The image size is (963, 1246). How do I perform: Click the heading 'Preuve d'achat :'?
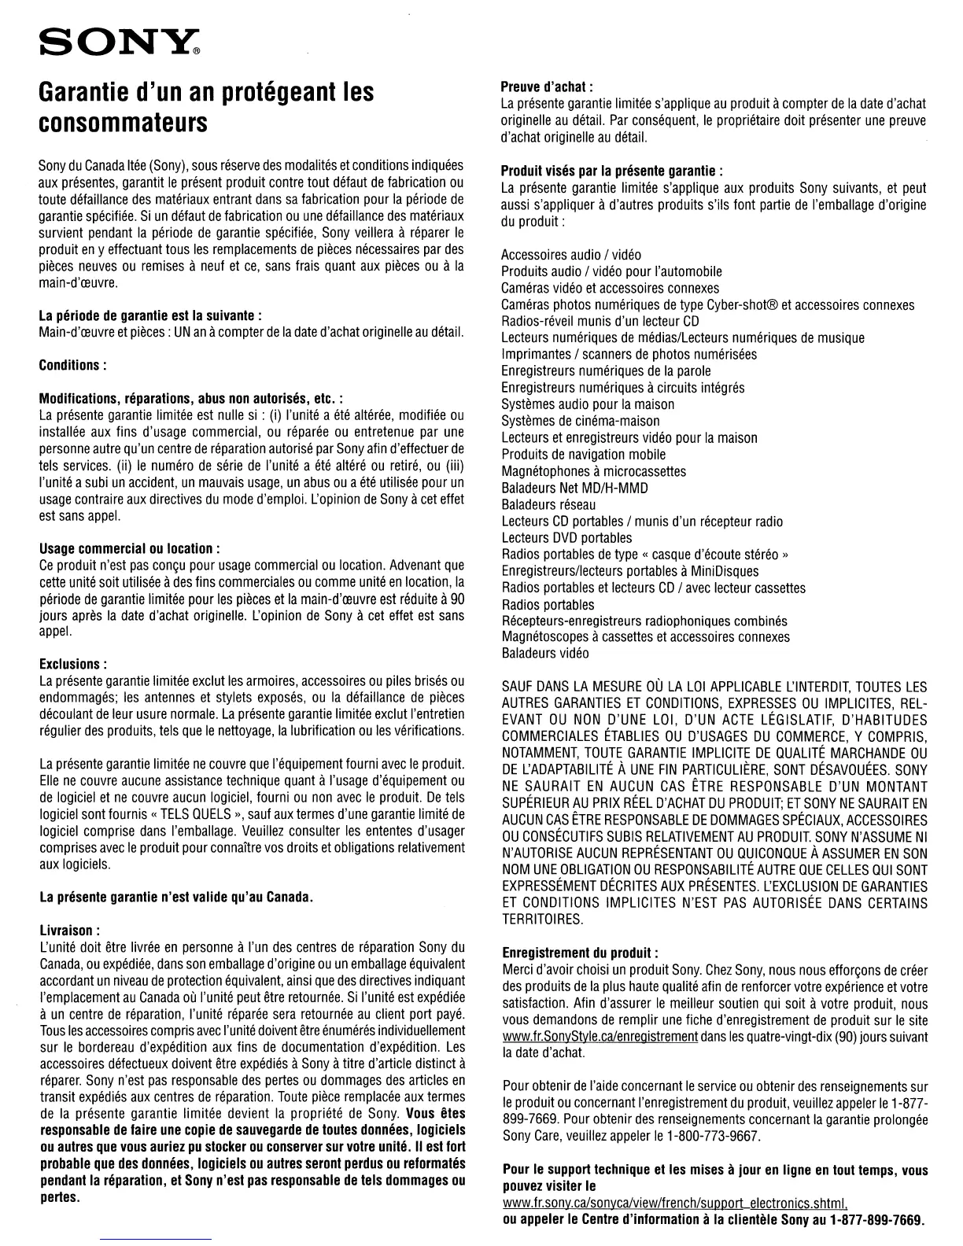[x=547, y=87]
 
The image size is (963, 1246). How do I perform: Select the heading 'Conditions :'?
[x=72, y=366]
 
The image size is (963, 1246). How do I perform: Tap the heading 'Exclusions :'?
[x=73, y=665]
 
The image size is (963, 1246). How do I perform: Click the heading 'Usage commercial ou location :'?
[x=129, y=548]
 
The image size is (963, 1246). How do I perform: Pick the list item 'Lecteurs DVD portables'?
[x=566, y=538]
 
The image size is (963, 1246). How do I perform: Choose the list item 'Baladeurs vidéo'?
[x=545, y=654]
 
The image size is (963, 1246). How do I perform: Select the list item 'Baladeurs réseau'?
[x=548, y=504]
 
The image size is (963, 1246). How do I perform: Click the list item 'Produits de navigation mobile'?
[x=583, y=455]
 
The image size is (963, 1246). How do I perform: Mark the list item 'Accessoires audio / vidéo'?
[x=571, y=255]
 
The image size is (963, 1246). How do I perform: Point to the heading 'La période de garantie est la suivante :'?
[x=150, y=316]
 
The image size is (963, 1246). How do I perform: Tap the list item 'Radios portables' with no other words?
[x=548, y=605]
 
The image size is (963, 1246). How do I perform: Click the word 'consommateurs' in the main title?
[x=124, y=123]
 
